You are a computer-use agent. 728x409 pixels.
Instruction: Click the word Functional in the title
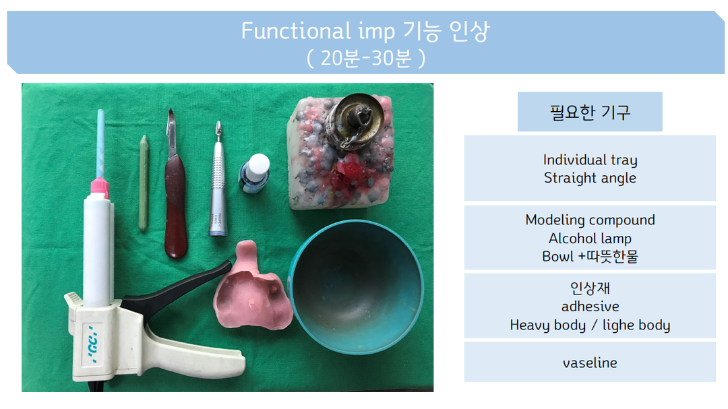click(296, 31)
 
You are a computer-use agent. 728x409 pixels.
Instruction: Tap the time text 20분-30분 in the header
click(366, 59)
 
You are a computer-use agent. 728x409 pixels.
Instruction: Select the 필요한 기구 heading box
click(590, 111)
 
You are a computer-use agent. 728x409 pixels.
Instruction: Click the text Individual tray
click(590, 160)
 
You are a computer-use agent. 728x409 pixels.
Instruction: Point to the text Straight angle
click(590, 178)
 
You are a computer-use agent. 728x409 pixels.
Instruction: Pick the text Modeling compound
click(590, 220)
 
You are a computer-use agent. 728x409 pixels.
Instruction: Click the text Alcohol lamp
click(590, 238)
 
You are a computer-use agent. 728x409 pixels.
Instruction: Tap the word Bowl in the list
click(557, 256)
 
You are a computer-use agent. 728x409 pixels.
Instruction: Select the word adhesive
click(590, 307)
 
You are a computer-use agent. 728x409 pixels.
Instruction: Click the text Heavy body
click(547, 325)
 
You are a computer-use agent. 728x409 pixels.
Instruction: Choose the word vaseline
click(590, 363)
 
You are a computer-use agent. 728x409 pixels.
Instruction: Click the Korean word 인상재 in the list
click(590, 288)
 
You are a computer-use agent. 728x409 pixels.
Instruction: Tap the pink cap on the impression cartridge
click(99, 187)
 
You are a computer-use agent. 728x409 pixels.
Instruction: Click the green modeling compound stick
click(144, 183)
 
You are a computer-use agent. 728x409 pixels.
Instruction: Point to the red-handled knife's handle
click(175, 207)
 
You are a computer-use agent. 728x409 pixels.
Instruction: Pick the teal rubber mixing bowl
click(356, 286)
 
